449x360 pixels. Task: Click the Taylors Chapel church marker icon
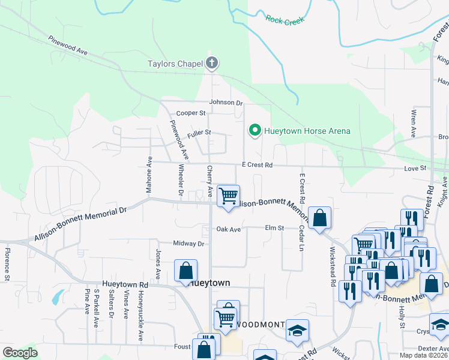click(x=211, y=62)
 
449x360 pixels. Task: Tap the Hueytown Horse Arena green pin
click(x=255, y=130)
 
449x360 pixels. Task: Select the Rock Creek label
click(x=285, y=20)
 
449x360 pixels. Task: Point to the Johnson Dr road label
click(x=226, y=103)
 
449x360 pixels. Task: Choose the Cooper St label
click(x=190, y=113)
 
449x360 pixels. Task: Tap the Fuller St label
click(x=199, y=132)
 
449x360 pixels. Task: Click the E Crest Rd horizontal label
click(x=257, y=164)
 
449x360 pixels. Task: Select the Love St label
click(x=415, y=169)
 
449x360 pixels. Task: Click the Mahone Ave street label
click(x=148, y=175)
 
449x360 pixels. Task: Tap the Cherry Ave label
click(x=209, y=182)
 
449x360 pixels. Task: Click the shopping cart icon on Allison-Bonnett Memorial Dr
click(x=228, y=196)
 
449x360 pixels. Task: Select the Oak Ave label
click(x=228, y=229)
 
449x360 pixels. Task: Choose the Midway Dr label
click(x=189, y=244)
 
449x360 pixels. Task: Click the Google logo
click(x=20, y=353)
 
